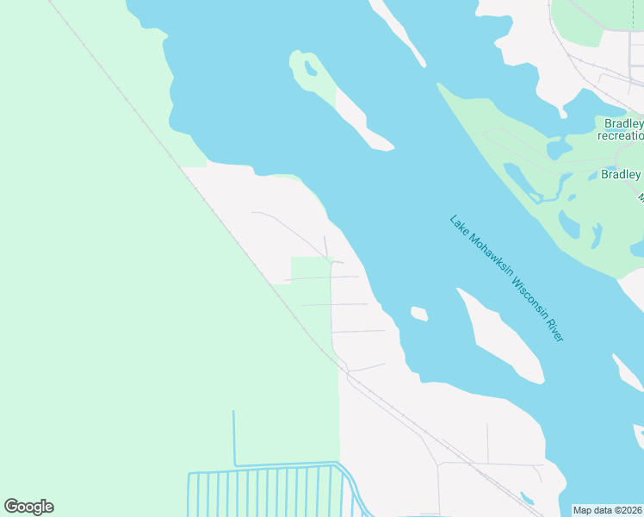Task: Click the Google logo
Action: click(x=28, y=507)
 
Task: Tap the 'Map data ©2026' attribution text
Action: click(x=607, y=510)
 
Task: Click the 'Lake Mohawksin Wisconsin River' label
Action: click(x=506, y=278)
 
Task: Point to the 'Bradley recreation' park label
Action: click(x=621, y=129)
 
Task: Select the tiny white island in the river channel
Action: click(x=419, y=313)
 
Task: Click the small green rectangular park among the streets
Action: click(x=311, y=280)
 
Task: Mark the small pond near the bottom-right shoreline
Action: click(x=527, y=498)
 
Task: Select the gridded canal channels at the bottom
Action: click(x=267, y=491)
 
